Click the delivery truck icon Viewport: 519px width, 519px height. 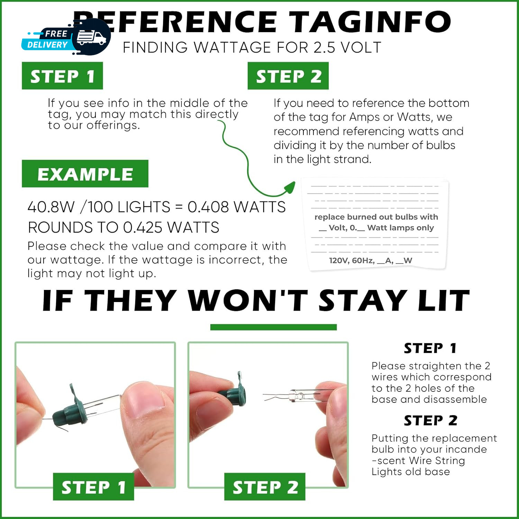pyautogui.click(x=91, y=37)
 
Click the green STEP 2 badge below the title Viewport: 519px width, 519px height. pyautogui.click(x=288, y=76)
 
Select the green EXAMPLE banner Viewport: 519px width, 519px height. pyautogui.click(x=85, y=174)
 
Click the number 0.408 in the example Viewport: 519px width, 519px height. pyautogui.click(x=208, y=207)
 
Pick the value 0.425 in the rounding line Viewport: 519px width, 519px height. pyautogui.click(x=143, y=227)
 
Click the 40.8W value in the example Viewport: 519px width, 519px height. pyautogui.click(x=51, y=207)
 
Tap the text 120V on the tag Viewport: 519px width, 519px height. pyautogui.click(x=338, y=261)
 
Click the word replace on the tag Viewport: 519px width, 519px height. pyautogui.click(x=329, y=217)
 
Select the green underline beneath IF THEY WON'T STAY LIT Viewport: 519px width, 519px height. pyautogui.click(x=273, y=327)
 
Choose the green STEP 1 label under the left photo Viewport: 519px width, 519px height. pyautogui.click(x=93, y=487)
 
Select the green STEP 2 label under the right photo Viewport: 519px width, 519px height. pyautogui.click(x=265, y=487)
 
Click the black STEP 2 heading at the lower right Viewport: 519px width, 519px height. pyautogui.click(x=430, y=420)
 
